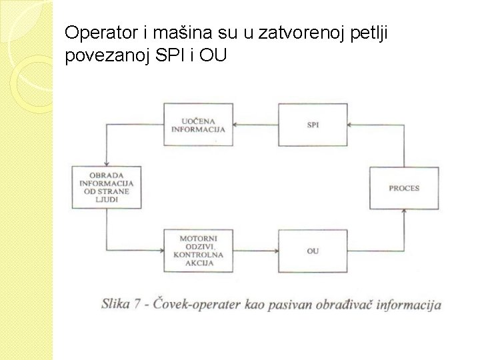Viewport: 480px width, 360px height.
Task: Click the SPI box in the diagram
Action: tap(312, 125)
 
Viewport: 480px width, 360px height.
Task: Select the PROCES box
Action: tap(404, 189)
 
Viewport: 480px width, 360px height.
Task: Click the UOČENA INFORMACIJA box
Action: tap(198, 125)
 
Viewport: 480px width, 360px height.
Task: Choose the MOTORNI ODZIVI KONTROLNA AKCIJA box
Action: tap(198, 250)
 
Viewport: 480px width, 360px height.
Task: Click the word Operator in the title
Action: tap(97, 32)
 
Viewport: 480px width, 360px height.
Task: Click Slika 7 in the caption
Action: tap(124, 305)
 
